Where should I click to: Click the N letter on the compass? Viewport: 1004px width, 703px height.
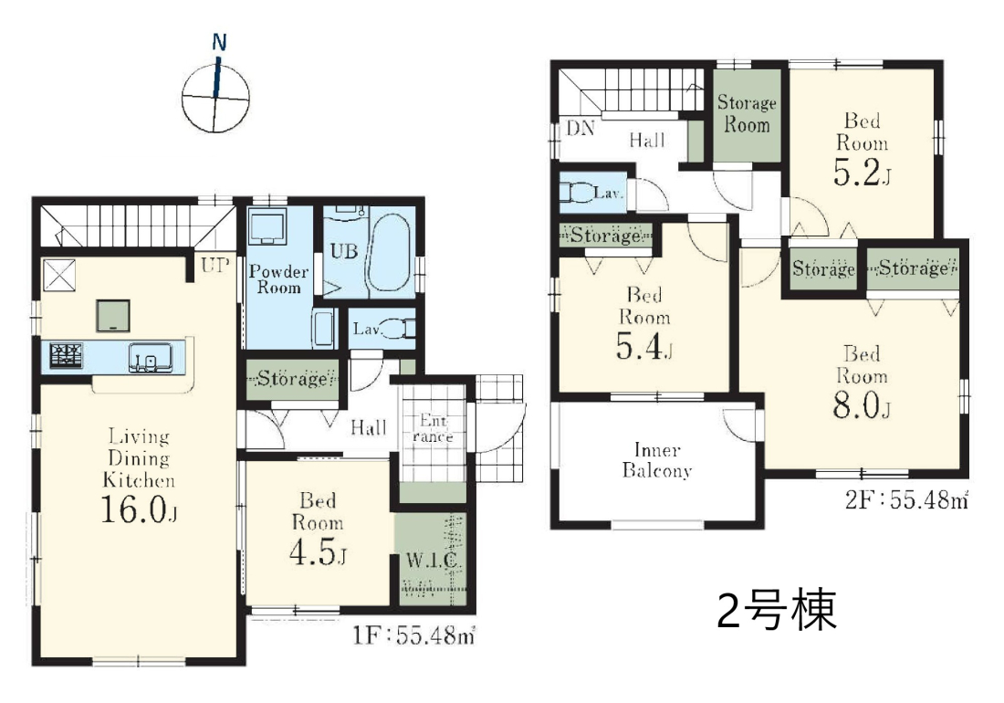[x=220, y=43]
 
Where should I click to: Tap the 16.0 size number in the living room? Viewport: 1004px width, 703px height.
[x=139, y=509]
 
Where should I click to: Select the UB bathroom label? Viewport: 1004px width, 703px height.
[x=343, y=251]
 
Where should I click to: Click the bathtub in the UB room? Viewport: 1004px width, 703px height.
[x=389, y=252]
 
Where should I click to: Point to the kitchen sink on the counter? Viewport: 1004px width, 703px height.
[x=150, y=357]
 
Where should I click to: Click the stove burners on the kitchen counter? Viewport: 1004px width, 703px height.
[x=67, y=355]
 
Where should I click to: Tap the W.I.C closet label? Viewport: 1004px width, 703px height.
[x=431, y=561]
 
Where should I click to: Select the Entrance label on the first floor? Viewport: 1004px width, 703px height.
[x=433, y=428]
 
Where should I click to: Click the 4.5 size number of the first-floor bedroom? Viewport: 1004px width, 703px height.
[x=318, y=553]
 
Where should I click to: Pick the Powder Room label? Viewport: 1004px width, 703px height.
[x=278, y=279]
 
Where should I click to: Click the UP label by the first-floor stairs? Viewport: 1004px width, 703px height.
[x=214, y=265]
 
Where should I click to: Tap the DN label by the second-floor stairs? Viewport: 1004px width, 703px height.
[x=580, y=128]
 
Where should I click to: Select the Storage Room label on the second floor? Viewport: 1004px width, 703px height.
[x=747, y=113]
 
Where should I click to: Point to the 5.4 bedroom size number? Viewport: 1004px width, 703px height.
[x=643, y=346]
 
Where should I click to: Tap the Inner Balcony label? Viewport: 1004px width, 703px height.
[x=657, y=460]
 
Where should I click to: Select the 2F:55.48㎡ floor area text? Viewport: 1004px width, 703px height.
[x=906, y=499]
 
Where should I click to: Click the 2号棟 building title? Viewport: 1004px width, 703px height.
[x=776, y=610]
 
